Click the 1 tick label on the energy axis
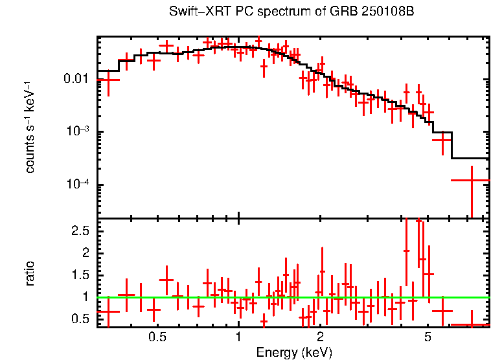pos(239,338)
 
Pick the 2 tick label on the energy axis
pos(320,338)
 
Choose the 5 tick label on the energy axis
pos(428,338)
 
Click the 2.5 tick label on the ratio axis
pos(80,231)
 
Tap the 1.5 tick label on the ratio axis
pos(80,275)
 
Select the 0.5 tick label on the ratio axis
pos(80,319)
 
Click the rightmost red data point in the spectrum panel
pos(471,181)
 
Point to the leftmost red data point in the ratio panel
pos(108,311)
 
